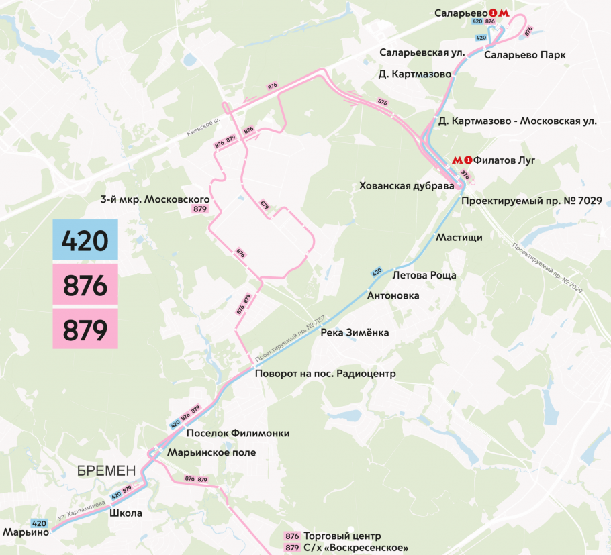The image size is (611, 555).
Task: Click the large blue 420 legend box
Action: [x=85, y=240]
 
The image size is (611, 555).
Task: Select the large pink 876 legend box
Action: [x=85, y=286]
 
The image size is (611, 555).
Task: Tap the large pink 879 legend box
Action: [x=85, y=330]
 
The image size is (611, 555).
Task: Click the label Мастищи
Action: [x=459, y=237]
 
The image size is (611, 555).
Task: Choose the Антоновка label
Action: [x=393, y=295]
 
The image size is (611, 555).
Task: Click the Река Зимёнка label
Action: [x=355, y=332]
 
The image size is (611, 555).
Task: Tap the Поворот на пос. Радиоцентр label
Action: [x=325, y=373]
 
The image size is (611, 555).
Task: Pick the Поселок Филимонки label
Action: [x=238, y=434]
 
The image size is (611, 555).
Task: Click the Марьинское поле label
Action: [x=211, y=452]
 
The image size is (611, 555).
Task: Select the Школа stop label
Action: [x=125, y=513]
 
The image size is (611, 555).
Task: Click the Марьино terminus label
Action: [x=26, y=532]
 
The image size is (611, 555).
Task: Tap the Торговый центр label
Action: [x=342, y=536]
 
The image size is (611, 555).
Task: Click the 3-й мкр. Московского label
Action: [x=155, y=199]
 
